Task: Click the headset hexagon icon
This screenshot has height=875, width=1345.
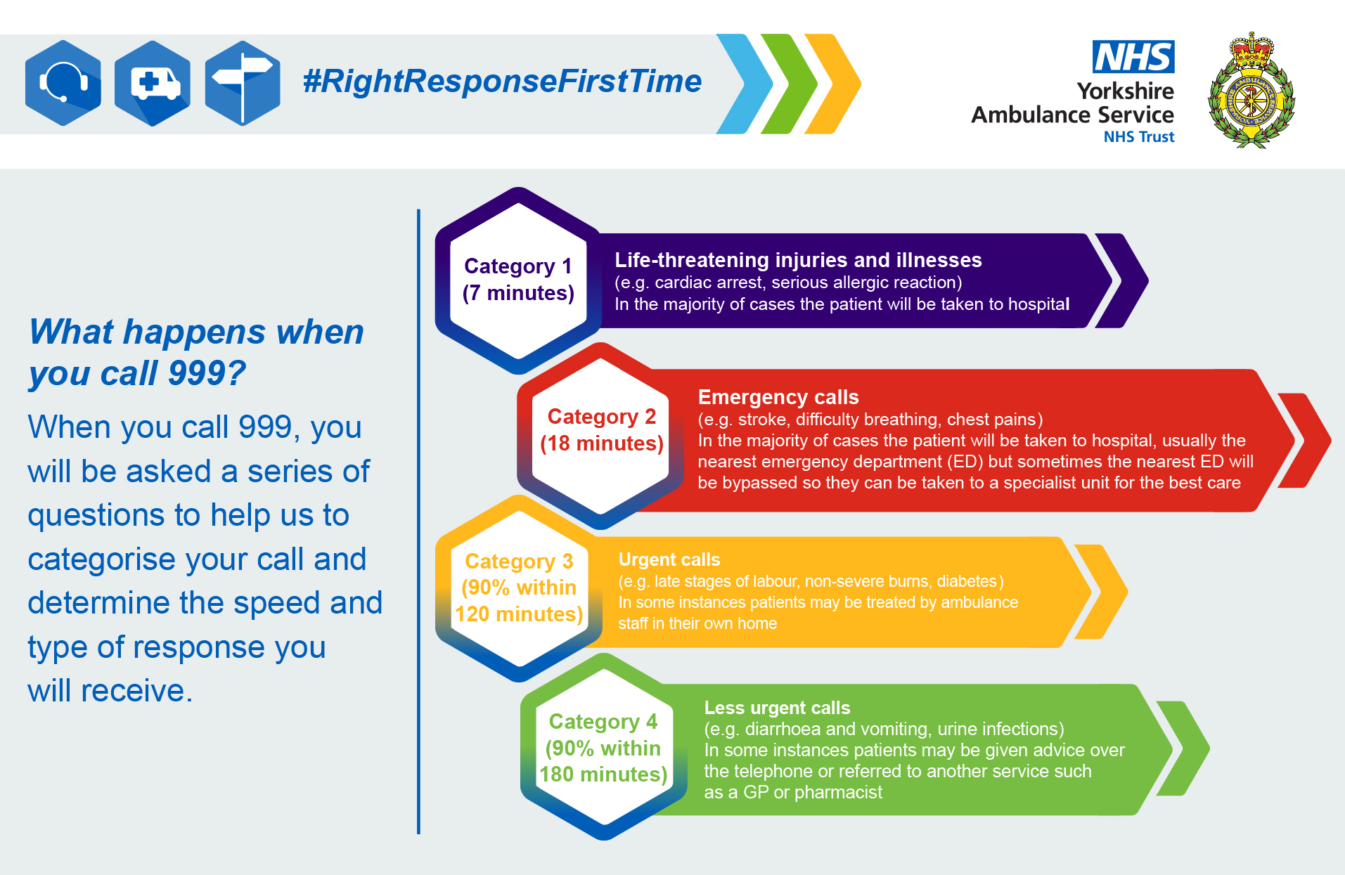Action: pyautogui.click(x=63, y=83)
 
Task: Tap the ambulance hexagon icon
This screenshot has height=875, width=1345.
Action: pyautogui.click(x=153, y=83)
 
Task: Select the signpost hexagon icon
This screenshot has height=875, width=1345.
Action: pyautogui.click(x=243, y=83)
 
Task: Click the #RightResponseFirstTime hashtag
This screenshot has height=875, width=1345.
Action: pyautogui.click(x=502, y=81)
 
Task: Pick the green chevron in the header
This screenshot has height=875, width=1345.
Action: pyautogui.click(x=789, y=84)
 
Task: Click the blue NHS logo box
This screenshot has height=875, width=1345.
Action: pyautogui.click(x=1133, y=56)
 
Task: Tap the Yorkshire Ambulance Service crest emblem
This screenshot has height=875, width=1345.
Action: pyautogui.click(x=1251, y=90)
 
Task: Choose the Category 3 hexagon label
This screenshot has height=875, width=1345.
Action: pyautogui.click(x=519, y=588)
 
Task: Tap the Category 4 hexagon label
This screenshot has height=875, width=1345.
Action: pyautogui.click(x=603, y=747)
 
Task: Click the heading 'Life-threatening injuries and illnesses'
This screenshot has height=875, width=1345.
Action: pyautogui.click(x=798, y=260)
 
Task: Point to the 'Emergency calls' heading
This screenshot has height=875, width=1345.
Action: pyautogui.click(x=778, y=397)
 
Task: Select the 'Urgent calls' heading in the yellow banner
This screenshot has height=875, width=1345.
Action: pyautogui.click(x=669, y=559)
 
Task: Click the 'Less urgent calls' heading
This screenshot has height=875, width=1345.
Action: pyautogui.click(x=777, y=708)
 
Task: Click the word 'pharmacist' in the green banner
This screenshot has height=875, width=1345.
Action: pyautogui.click(x=838, y=793)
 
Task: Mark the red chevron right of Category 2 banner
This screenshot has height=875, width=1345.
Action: pyautogui.click(x=1305, y=441)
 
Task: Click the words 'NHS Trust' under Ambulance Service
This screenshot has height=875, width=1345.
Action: pyautogui.click(x=1139, y=137)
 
